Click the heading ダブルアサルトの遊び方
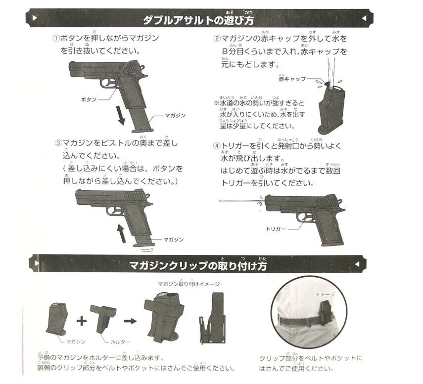198,20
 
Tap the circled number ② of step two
217,39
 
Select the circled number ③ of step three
58,144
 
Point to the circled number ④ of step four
216,146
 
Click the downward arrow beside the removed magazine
120,115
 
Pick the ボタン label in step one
89,99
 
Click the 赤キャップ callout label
292,79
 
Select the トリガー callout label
276,229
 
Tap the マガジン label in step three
173,240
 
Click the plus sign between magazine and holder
83,320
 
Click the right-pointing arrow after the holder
130,320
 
